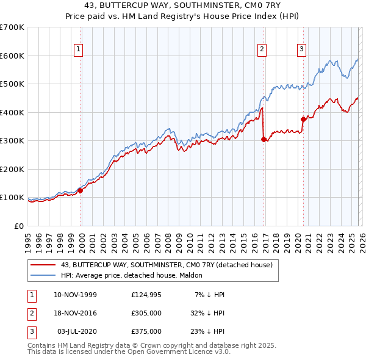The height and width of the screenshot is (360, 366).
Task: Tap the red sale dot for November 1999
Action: (x=80, y=190)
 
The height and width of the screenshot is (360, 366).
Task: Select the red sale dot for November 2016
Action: (x=264, y=139)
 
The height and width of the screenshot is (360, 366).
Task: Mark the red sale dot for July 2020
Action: (x=303, y=119)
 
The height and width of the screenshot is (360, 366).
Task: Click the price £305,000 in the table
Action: (x=146, y=313)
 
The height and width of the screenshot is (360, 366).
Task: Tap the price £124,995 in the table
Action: (x=146, y=295)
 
